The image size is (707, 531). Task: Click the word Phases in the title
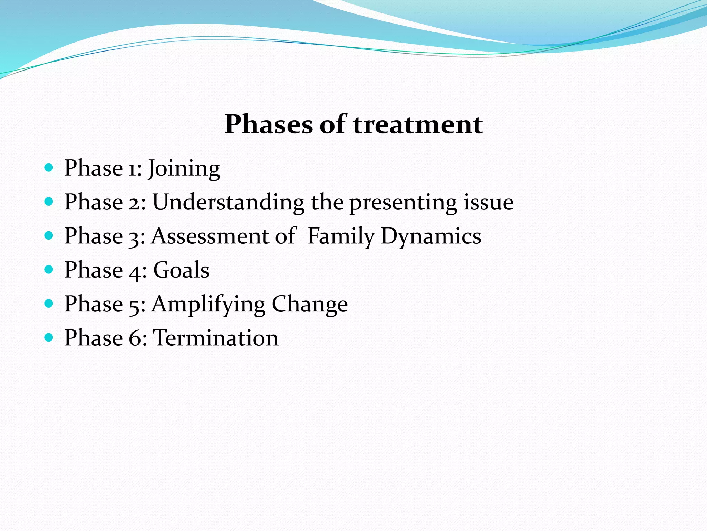(x=268, y=124)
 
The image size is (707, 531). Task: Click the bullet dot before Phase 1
(x=49, y=168)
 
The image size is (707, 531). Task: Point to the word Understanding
(x=228, y=202)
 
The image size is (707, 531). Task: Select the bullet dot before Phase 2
(x=49, y=202)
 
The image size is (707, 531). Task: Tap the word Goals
(x=181, y=270)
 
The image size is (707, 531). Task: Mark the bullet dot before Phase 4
(x=49, y=270)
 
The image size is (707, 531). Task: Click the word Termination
(x=215, y=338)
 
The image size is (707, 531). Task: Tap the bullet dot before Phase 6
(x=49, y=337)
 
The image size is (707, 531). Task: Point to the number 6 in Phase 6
(x=134, y=338)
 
